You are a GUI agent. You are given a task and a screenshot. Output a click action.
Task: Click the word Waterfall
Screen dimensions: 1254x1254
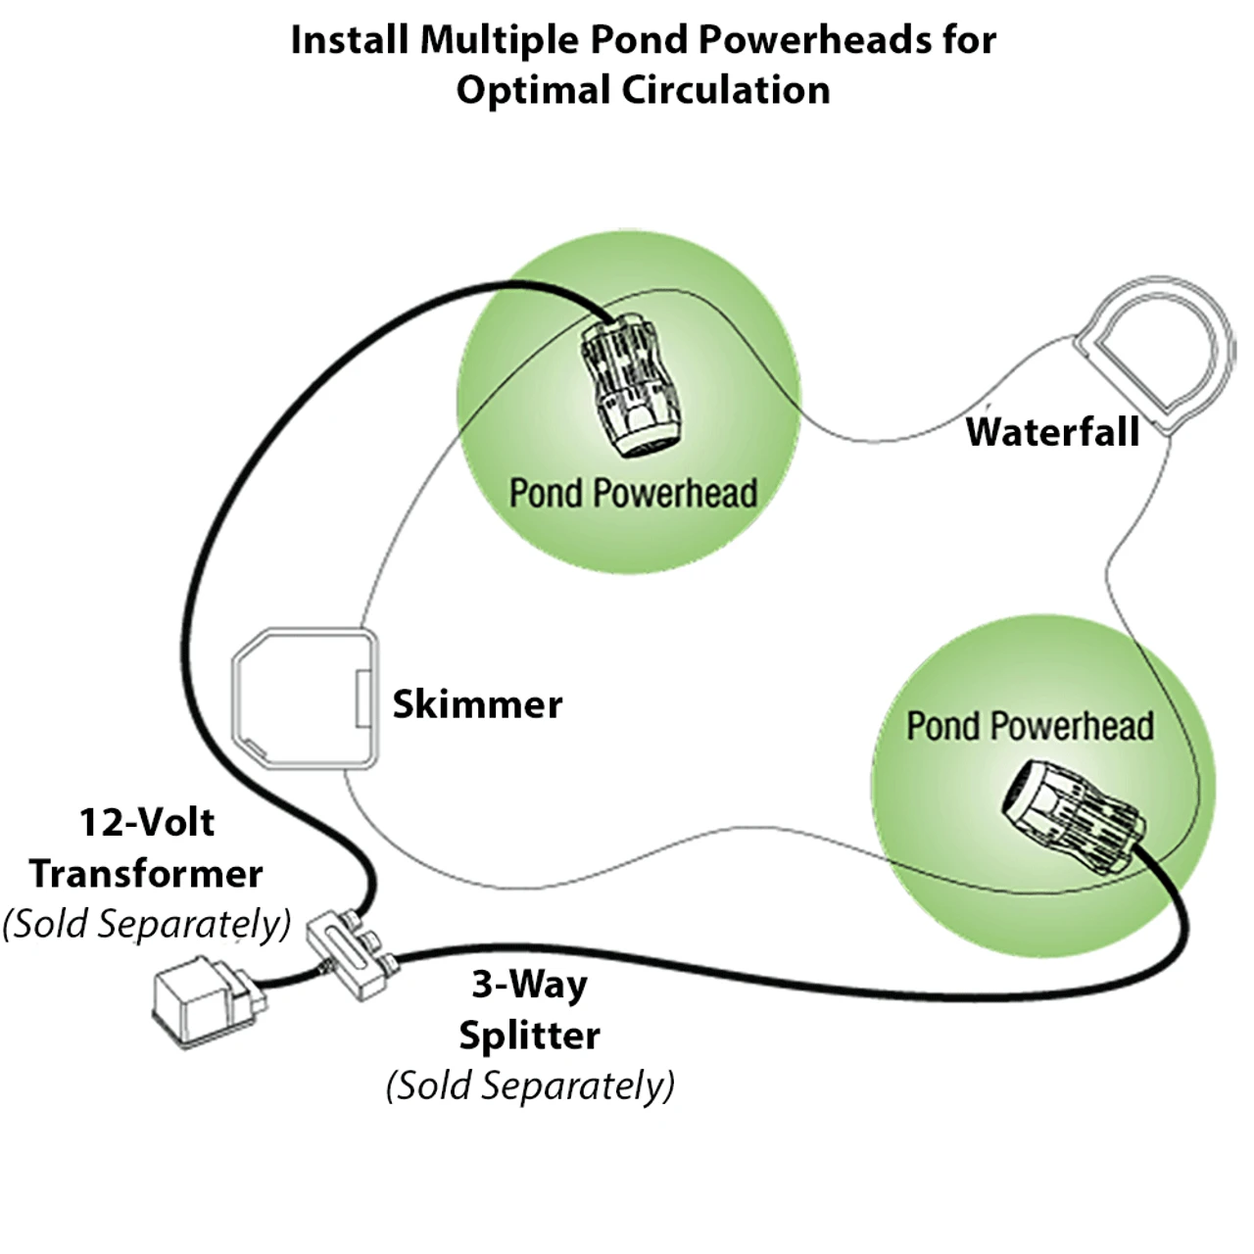coord(1052,431)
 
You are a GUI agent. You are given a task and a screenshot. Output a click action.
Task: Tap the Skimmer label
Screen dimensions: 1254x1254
coord(477,703)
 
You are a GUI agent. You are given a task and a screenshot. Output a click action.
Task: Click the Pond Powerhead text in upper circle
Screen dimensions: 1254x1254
coord(633,493)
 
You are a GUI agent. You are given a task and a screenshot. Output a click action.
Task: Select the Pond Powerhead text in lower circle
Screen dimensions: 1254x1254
coord(1029,726)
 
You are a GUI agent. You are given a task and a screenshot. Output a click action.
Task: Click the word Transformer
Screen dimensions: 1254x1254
coord(146,873)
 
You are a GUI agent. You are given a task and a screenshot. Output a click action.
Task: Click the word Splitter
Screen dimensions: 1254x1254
coord(529,1036)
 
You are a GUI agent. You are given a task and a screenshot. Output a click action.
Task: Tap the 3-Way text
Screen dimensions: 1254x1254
coord(529,983)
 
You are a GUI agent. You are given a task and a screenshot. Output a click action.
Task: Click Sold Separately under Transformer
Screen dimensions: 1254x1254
coord(146,924)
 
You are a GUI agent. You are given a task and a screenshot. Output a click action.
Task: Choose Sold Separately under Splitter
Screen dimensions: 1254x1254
coord(529,1085)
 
